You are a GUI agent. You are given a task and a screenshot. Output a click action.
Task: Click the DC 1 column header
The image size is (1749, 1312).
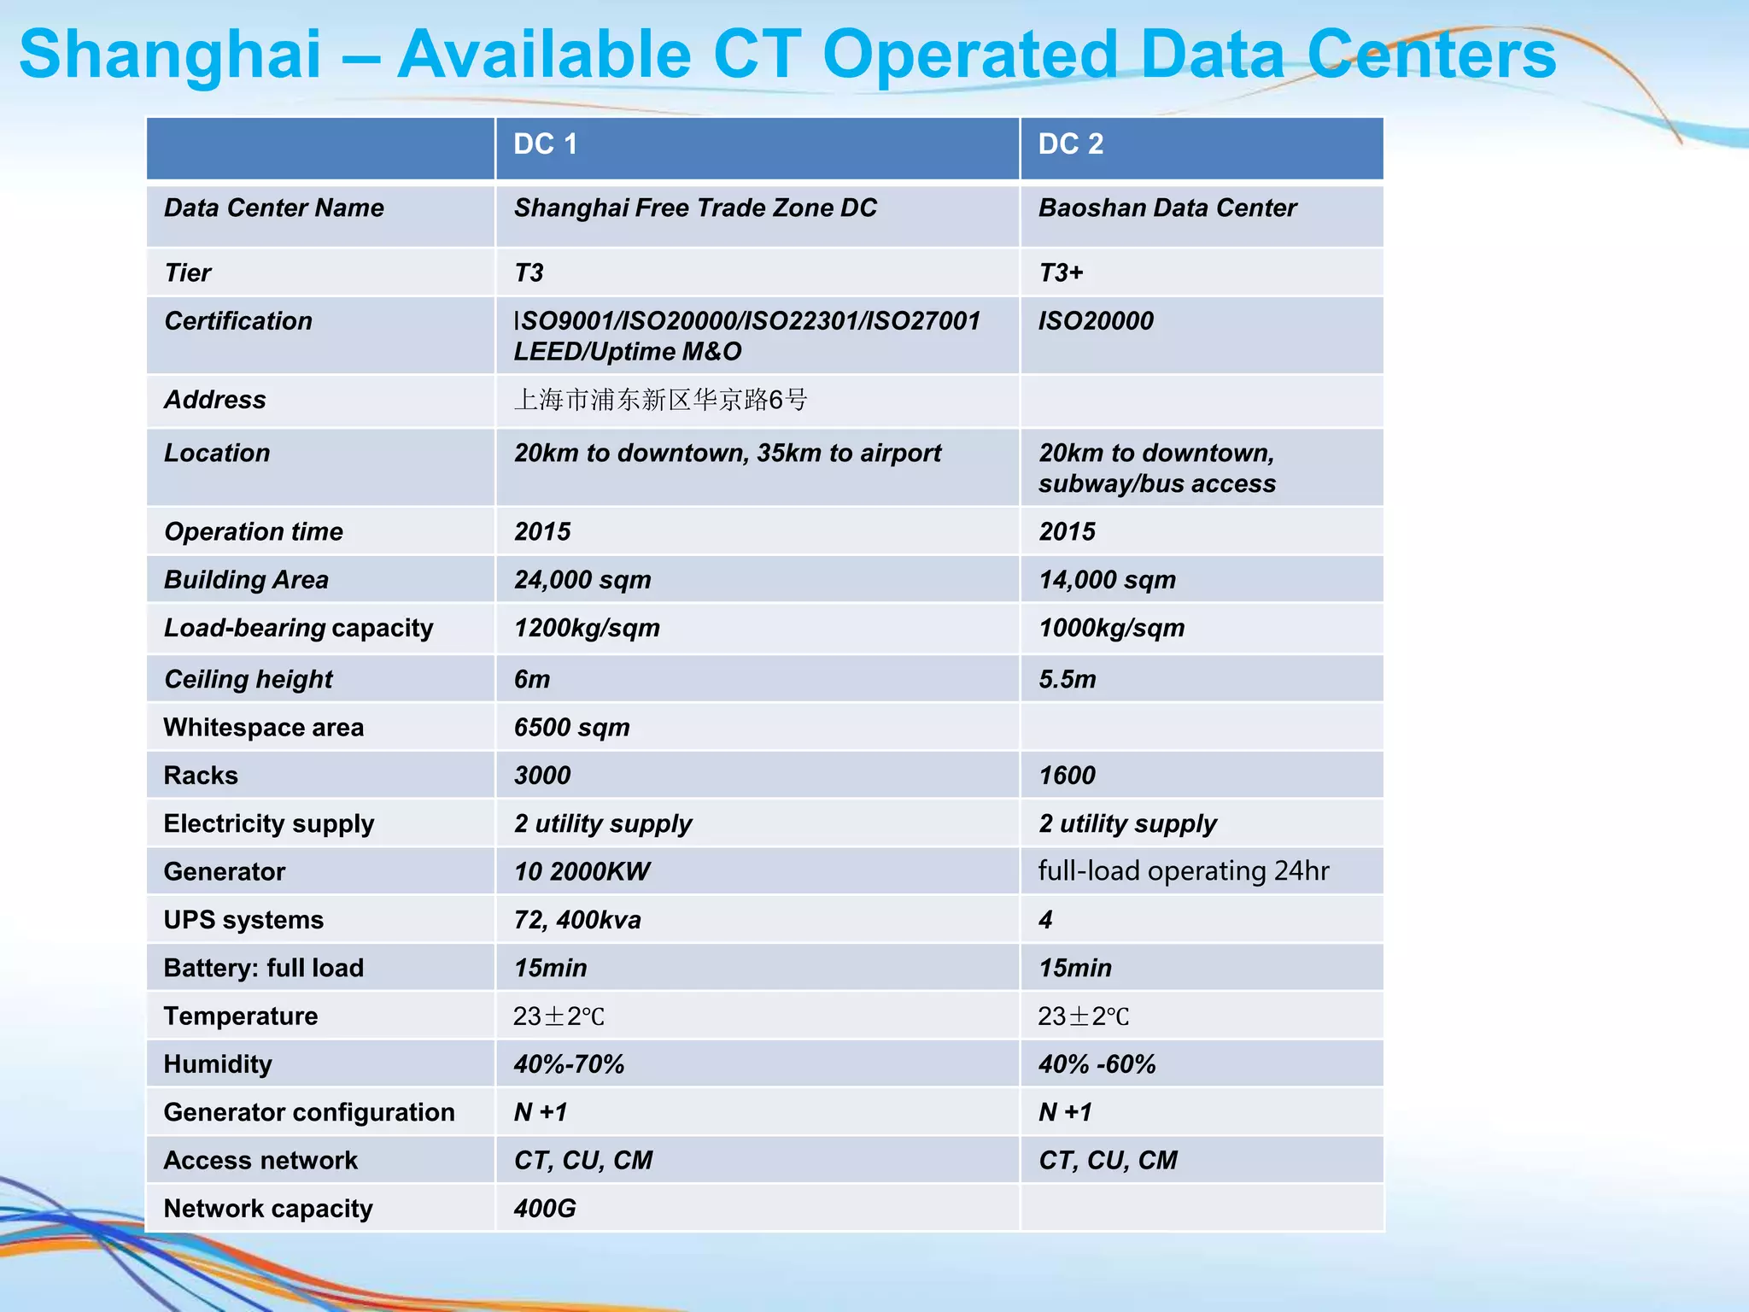tap(545, 144)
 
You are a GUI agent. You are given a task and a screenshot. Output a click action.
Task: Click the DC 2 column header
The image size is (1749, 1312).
tap(1070, 144)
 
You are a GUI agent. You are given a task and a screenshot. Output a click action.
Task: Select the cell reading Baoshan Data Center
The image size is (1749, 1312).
tap(1167, 208)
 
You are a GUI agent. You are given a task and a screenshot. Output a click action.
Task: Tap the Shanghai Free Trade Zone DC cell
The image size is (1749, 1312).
tap(695, 208)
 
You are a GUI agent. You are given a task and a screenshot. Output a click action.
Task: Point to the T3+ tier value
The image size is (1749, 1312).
tap(1061, 273)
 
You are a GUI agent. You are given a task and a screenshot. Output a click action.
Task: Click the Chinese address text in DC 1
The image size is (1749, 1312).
tap(660, 400)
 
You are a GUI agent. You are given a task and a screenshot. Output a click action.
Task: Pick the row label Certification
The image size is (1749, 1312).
tap(238, 321)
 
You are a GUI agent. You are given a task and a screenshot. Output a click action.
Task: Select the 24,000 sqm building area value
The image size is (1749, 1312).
tap(582, 580)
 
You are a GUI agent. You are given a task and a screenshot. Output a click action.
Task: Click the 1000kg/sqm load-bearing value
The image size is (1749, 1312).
tap(1111, 629)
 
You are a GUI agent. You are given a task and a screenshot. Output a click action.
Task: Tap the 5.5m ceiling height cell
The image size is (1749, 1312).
tap(1067, 680)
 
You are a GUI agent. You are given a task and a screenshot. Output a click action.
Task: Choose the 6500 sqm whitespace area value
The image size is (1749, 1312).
tap(571, 728)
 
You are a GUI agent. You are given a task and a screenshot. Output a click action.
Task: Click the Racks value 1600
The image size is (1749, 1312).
tap(1067, 776)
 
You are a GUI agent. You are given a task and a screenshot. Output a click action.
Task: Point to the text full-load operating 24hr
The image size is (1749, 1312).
tap(1183, 871)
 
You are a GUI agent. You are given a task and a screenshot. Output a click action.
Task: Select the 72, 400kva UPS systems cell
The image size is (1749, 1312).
tap(577, 920)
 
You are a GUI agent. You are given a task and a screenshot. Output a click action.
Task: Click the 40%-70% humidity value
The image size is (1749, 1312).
tap(569, 1064)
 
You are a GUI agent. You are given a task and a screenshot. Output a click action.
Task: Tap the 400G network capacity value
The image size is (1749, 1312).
tap(545, 1209)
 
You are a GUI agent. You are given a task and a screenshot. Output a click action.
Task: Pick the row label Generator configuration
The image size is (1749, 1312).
tap(309, 1112)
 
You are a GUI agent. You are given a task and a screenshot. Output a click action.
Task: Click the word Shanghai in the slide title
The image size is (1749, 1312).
tap(171, 55)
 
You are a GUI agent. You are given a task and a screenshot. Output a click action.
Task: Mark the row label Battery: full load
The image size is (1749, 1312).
tap(264, 968)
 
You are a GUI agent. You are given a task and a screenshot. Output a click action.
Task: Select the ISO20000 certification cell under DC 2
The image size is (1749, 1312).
tap(1096, 321)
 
